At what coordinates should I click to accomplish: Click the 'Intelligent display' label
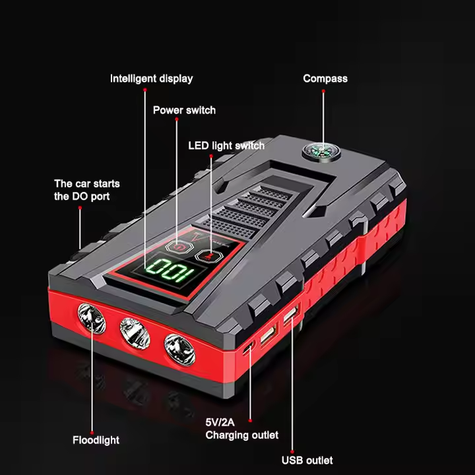point(152,79)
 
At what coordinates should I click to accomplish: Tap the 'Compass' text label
point(325,79)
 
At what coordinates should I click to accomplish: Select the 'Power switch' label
point(184,110)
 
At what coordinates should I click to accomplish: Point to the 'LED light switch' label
point(226,146)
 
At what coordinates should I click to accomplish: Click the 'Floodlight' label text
point(96,440)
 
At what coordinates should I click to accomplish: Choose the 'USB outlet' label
point(307,460)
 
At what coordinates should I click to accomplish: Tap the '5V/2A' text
point(220,422)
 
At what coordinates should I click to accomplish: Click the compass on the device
point(321,152)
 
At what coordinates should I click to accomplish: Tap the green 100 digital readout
point(170,270)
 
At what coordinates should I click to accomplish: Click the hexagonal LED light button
point(209,257)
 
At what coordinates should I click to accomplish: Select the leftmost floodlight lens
point(92,319)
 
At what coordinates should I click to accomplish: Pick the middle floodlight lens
point(135,333)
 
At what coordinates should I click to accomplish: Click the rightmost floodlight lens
point(179,350)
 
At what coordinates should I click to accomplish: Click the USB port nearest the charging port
point(269,333)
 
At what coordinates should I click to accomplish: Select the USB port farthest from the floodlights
point(291,314)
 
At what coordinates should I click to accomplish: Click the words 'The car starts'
point(87,183)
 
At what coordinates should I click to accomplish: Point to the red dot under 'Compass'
point(323,91)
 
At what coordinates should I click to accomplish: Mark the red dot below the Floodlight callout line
point(92,433)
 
